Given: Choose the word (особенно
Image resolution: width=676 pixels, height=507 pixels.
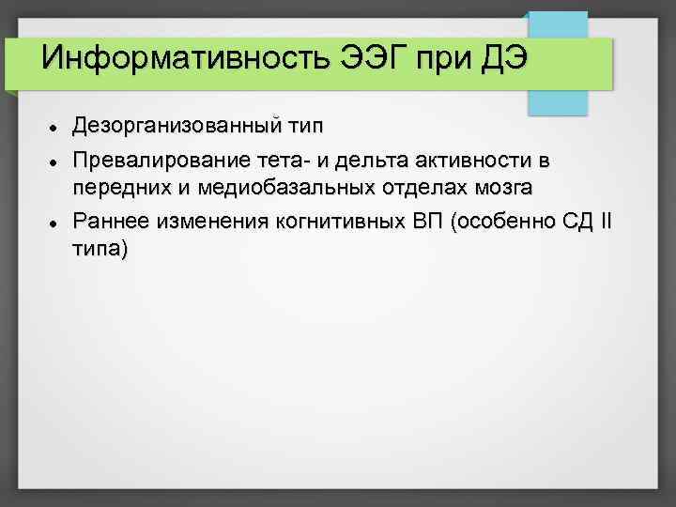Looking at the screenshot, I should click(503, 222).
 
